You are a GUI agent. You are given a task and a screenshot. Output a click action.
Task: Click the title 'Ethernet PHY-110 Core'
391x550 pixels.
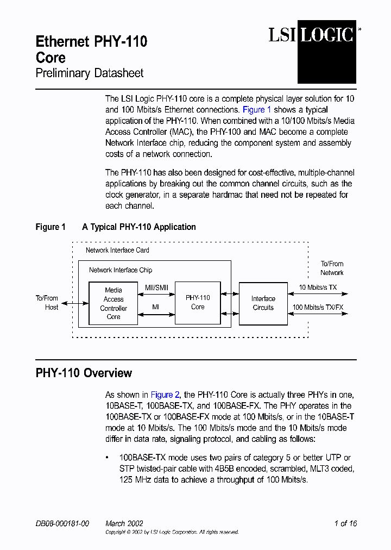(91, 49)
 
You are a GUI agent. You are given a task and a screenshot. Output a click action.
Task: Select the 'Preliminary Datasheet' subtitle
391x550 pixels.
(90, 73)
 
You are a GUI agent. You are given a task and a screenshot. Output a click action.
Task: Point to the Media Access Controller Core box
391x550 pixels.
(113, 303)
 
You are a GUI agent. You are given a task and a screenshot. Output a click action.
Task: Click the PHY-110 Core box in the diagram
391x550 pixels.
(198, 302)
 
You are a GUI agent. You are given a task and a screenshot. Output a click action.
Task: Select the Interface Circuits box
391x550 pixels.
(263, 303)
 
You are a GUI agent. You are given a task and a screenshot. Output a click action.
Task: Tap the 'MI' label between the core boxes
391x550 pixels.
(155, 307)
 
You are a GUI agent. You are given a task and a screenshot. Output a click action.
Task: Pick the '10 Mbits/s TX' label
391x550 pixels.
(318, 287)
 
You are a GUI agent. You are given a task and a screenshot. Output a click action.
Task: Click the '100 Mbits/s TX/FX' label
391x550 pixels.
(318, 307)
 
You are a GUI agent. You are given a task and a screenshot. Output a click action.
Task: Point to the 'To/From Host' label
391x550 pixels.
(47, 303)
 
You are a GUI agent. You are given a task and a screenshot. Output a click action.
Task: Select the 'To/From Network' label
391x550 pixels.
(332, 268)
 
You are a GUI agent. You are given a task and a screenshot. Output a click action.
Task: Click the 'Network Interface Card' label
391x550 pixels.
(117, 250)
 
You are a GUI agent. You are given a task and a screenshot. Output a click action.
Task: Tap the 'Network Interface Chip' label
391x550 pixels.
(121, 270)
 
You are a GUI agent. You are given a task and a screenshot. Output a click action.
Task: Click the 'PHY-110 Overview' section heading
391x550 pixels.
(84, 373)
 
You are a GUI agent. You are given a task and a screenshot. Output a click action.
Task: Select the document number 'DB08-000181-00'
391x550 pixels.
(62, 523)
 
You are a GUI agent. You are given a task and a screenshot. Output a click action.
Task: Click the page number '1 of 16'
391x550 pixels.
(345, 523)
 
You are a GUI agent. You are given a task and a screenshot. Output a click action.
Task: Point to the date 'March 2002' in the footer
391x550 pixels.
(124, 523)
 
